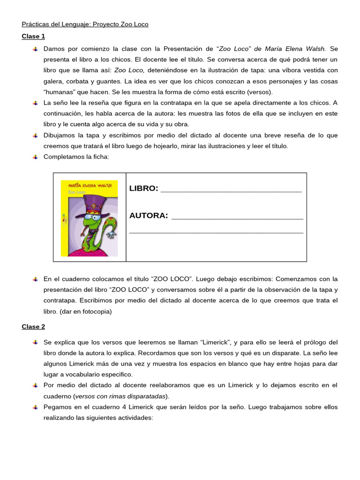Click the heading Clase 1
[33, 36]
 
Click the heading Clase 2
[33, 327]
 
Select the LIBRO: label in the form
[143, 188]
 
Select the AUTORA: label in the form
[148, 216]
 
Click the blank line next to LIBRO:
[231, 190]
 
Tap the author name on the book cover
[89, 185]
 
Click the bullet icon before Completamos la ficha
[35, 157]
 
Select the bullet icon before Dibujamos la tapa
[35, 135]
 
